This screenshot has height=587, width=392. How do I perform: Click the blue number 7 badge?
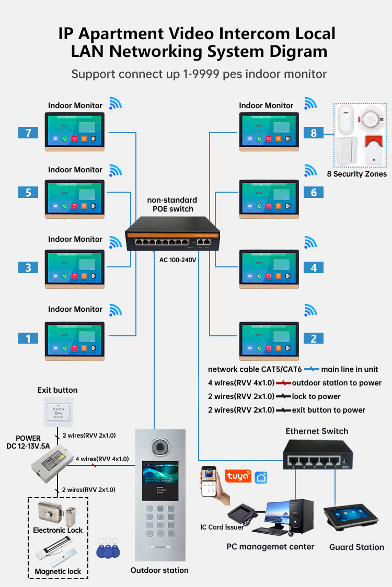28,132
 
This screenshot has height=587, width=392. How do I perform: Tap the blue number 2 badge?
314,338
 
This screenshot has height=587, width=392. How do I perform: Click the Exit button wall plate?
57,411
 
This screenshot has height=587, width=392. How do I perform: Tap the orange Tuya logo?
238,476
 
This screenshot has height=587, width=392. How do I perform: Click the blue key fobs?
108,549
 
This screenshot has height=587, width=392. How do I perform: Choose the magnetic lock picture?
56,552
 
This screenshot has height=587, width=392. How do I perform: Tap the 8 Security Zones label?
357,174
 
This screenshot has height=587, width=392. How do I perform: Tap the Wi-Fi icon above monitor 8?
311,102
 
